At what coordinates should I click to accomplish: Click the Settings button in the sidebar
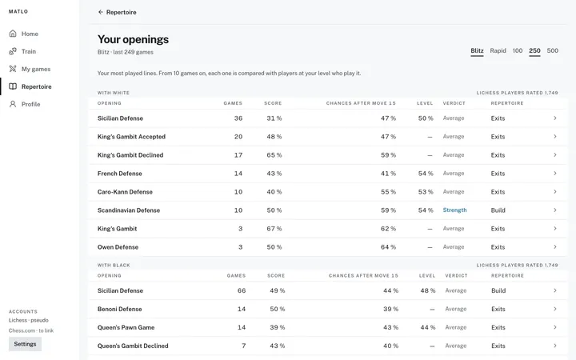click(25, 344)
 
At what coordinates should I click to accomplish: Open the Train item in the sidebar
click(28, 51)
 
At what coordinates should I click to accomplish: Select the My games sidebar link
click(36, 69)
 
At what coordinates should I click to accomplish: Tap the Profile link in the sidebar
click(30, 104)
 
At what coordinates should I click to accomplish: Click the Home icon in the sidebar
click(13, 34)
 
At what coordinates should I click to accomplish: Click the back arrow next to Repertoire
click(100, 12)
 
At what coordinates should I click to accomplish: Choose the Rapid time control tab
click(498, 50)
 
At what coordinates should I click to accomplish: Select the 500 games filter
click(553, 50)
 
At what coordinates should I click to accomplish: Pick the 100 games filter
click(518, 50)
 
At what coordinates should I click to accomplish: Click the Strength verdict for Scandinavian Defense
click(454, 210)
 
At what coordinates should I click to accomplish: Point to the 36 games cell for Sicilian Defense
click(238, 118)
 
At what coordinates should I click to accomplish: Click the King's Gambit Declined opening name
click(130, 155)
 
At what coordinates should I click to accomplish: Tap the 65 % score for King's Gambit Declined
click(274, 155)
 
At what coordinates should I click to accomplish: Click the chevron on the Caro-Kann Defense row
click(555, 192)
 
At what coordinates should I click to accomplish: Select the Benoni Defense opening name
click(120, 309)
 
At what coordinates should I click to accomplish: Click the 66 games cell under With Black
click(242, 290)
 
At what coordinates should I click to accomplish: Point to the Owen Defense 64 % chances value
click(388, 247)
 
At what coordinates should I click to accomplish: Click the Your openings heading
click(133, 39)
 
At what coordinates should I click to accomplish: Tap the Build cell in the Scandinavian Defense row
click(498, 210)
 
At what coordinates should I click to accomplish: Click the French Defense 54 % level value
click(426, 174)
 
